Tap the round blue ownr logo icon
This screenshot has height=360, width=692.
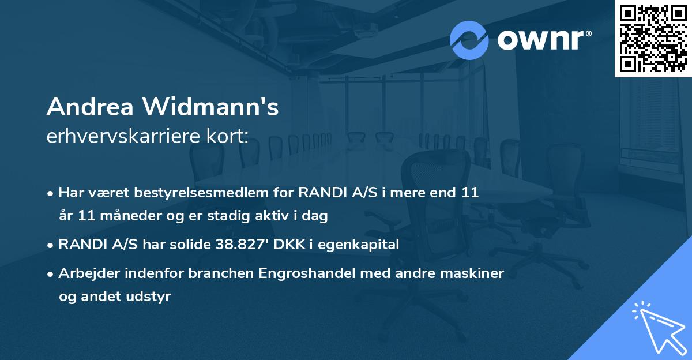tap(469, 40)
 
